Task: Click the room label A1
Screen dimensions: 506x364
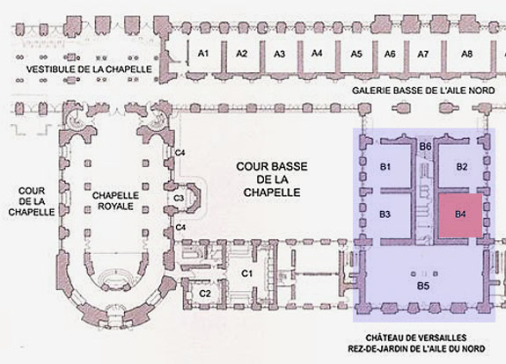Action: pyautogui.click(x=203, y=53)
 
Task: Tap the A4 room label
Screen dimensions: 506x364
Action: pyautogui.click(x=317, y=53)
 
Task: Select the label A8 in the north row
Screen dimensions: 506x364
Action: pyautogui.click(x=466, y=54)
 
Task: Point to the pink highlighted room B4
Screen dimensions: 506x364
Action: pyautogui.click(x=460, y=215)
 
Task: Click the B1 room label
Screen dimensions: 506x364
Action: pyautogui.click(x=385, y=167)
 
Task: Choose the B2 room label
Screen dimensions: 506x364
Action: pyautogui.click(x=462, y=167)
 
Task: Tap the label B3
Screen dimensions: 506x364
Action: pyautogui.click(x=385, y=215)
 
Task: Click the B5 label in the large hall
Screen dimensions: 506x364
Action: pyautogui.click(x=423, y=286)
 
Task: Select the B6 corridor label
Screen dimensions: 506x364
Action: pyautogui.click(x=425, y=147)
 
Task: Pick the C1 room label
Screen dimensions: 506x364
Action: pyautogui.click(x=247, y=273)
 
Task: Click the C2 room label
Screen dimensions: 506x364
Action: pyautogui.click(x=205, y=294)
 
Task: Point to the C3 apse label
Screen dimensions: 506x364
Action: pyautogui.click(x=179, y=198)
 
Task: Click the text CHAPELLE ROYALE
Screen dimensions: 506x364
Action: pyautogui.click(x=115, y=200)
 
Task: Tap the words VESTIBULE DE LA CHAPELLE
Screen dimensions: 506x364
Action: pyautogui.click(x=89, y=69)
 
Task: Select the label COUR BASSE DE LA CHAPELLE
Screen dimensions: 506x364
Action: pyautogui.click(x=272, y=179)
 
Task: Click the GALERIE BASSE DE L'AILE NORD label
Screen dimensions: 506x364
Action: pyautogui.click(x=423, y=91)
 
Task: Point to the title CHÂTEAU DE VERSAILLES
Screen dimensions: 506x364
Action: pyautogui.click(x=416, y=338)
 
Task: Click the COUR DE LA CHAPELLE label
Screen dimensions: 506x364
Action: pyautogui.click(x=32, y=201)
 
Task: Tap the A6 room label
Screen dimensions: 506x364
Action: pyautogui.click(x=390, y=54)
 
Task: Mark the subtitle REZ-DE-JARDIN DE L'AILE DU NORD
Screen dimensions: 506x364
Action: pyautogui.click(x=416, y=349)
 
